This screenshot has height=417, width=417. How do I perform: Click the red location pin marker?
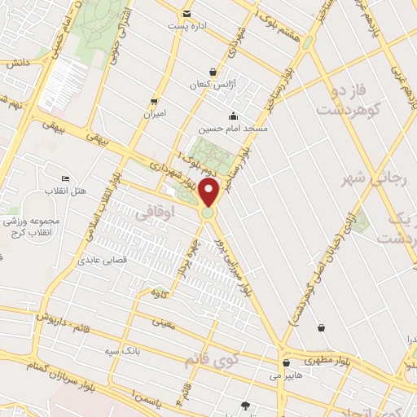tap(209, 193)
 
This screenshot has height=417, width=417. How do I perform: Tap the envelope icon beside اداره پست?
tap(187, 14)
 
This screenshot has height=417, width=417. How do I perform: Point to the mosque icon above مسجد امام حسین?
tap(234, 116)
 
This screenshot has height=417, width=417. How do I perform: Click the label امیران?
tap(154, 114)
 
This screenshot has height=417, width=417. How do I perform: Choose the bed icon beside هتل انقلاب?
tap(66, 178)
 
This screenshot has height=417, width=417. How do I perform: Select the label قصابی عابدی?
tap(99, 261)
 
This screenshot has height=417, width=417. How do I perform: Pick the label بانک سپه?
tap(117, 350)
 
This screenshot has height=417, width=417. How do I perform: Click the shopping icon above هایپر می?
tap(286, 363)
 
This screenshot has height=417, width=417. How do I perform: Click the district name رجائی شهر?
tap(388, 180)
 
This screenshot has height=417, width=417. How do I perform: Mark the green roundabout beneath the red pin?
tap(208, 213)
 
